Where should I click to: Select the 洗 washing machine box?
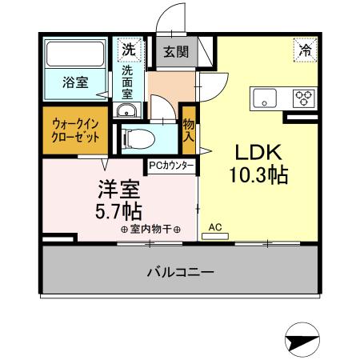pos(129,50)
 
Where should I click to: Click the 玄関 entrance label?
pos(176,53)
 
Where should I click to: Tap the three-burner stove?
pos(303,99)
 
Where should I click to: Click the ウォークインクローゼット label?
pos(77,130)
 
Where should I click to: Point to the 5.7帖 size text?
pos(120,211)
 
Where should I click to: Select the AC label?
pos(215,227)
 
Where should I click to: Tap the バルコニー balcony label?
pos(180,272)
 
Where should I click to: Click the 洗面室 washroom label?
pos(129,81)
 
